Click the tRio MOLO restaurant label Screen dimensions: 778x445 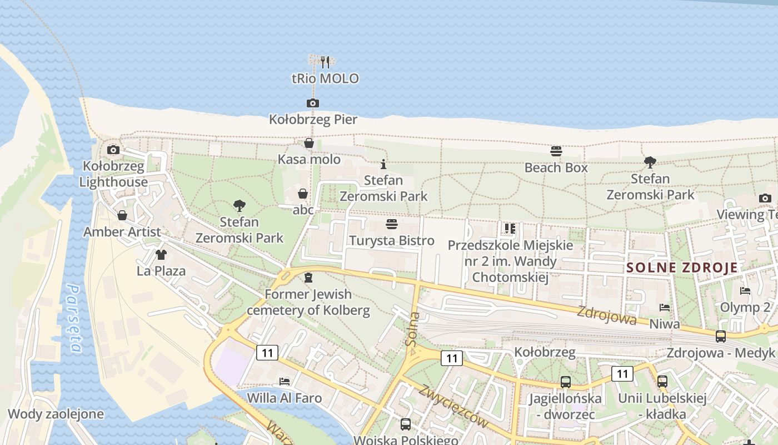point(325,78)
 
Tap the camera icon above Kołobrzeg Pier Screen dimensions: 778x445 point(313,103)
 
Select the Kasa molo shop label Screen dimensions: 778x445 point(309,160)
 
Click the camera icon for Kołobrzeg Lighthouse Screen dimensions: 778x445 point(113,150)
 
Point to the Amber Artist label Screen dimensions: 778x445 point(122,232)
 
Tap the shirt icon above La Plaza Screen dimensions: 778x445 point(161,255)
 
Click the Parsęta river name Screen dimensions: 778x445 point(74,318)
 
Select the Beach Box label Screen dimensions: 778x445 point(556,167)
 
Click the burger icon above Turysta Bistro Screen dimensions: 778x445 point(392,224)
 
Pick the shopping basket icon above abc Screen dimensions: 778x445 point(303,194)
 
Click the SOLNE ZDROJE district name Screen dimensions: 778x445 point(682,268)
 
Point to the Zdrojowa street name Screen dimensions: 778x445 point(606,315)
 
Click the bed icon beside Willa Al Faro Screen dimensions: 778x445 point(285,382)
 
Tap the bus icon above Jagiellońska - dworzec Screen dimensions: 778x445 point(565,382)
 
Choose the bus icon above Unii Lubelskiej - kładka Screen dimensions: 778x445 point(662,382)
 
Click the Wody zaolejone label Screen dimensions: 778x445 point(56,414)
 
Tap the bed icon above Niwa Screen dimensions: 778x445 point(664,307)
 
